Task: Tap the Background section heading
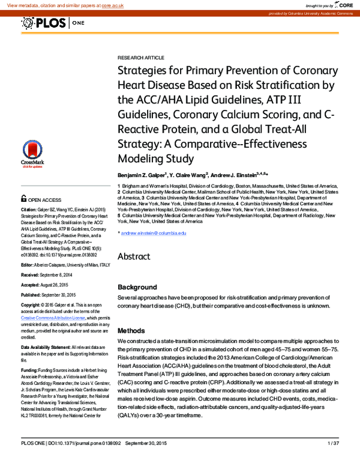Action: [137, 287]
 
